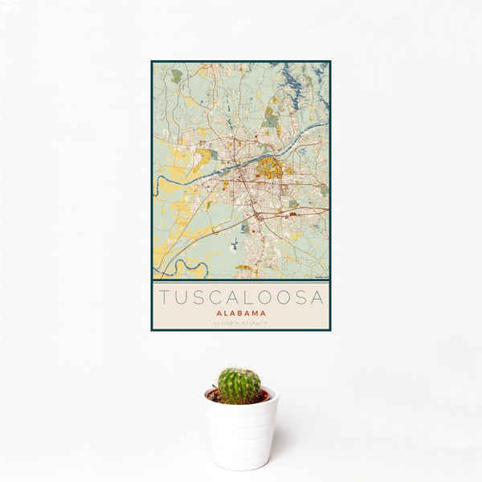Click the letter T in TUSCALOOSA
click(x=163, y=298)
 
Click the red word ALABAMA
click(x=241, y=314)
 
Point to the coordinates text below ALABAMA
click(x=241, y=324)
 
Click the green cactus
click(x=239, y=386)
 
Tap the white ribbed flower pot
click(x=240, y=430)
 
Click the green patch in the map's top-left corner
click(x=177, y=76)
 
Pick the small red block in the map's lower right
click(x=293, y=214)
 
